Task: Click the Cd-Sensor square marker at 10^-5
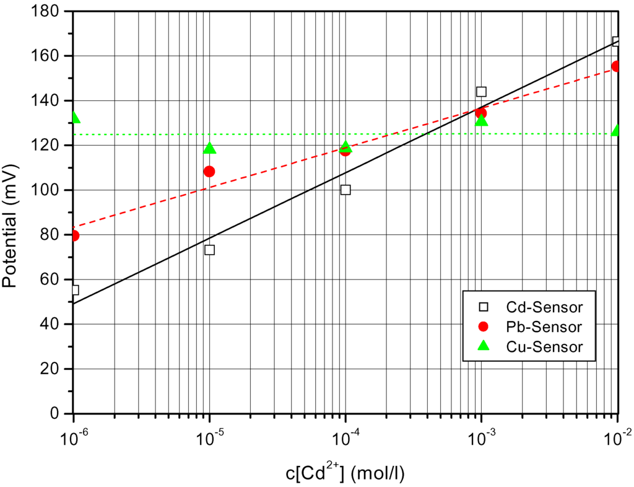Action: click(x=209, y=250)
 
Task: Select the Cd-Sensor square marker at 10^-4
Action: click(x=345, y=190)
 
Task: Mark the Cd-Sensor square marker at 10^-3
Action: click(x=481, y=92)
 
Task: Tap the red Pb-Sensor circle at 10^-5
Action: click(x=209, y=172)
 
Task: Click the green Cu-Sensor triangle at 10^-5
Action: click(x=209, y=148)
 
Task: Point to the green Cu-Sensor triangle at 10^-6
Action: click(x=75, y=118)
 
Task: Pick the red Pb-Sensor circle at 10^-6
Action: click(x=74, y=235)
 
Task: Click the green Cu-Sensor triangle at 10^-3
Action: click(x=482, y=120)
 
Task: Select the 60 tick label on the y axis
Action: click(x=53, y=279)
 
